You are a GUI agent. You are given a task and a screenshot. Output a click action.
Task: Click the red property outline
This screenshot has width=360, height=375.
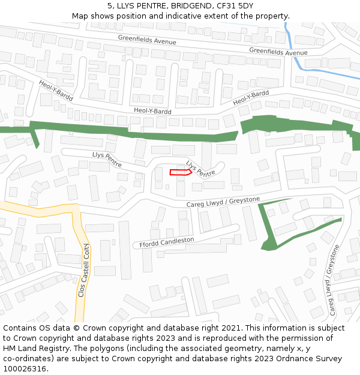[181, 173]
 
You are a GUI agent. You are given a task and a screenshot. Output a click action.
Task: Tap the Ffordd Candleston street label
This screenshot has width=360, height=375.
[167, 242]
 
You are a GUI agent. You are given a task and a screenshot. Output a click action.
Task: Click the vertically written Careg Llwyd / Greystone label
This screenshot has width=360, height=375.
[334, 280]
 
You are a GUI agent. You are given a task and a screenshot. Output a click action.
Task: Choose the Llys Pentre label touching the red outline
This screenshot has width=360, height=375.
[200, 168]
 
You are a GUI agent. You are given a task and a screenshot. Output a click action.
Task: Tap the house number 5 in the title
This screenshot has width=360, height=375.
[110, 6]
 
